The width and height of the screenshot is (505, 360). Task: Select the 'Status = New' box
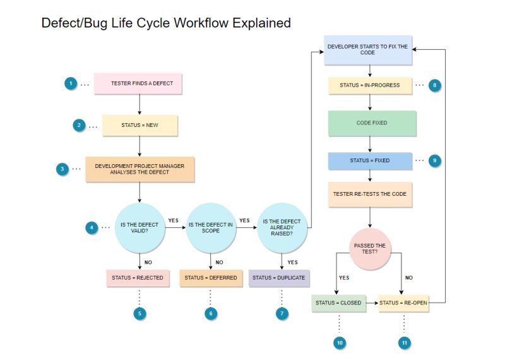140,125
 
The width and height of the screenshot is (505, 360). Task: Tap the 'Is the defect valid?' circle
139,227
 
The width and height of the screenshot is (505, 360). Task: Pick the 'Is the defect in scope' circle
211,227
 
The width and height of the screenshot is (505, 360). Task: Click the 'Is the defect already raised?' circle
282,227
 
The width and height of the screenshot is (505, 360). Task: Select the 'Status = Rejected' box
138,277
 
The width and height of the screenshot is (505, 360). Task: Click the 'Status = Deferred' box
211,277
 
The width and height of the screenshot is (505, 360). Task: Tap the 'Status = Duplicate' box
278,277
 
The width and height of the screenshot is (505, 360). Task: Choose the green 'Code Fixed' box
372,123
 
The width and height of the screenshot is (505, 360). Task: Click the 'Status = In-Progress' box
370,85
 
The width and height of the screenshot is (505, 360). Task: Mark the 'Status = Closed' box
338,303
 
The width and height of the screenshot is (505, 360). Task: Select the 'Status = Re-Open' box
404,303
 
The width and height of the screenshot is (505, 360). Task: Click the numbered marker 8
435,85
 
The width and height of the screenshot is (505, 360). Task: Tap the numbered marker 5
140,313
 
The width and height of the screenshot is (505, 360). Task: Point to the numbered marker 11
404,343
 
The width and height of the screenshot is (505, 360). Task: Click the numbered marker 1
71,83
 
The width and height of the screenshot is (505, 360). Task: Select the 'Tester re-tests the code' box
370,194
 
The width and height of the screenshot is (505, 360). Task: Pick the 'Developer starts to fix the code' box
368,49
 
